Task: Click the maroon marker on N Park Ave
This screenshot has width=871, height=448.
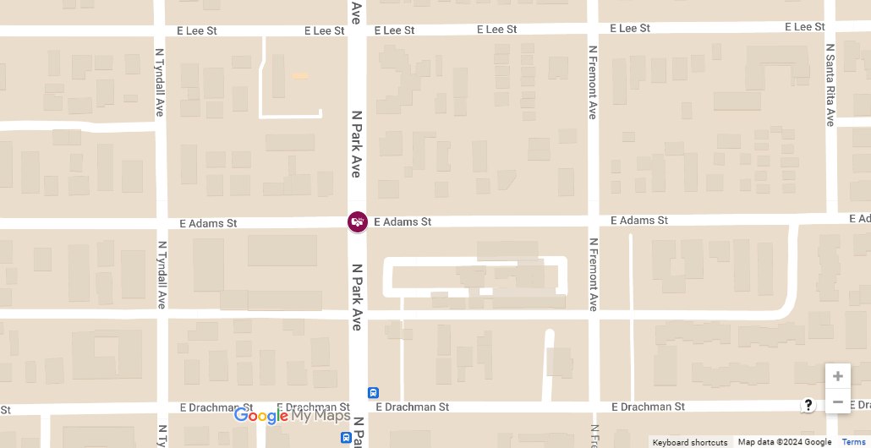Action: coord(358,221)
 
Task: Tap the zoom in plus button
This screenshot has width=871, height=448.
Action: coord(838,376)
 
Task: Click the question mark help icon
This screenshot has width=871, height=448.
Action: coord(808,405)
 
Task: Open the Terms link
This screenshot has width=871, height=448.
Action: coord(853,442)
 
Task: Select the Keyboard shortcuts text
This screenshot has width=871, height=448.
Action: coord(690,442)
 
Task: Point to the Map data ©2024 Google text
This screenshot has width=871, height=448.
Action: coord(784,442)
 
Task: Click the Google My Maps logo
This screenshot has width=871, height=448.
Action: coord(292,415)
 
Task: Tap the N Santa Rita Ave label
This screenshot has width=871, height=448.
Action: coord(830,85)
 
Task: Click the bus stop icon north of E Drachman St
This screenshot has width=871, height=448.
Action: coord(373,393)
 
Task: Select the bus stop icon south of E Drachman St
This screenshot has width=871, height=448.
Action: coord(346,437)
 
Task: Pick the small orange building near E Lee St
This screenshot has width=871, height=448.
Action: coord(300,75)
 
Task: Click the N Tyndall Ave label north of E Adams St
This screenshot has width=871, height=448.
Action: coord(160,82)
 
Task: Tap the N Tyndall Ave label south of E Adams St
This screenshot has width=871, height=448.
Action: coord(161,274)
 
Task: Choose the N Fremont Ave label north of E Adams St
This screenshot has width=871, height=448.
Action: coord(593,83)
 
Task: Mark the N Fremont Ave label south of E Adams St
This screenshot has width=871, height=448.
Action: coord(593,274)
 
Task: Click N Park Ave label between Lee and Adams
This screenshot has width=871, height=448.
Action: coord(356,143)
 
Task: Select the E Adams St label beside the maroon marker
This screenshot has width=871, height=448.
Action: coord(403,221)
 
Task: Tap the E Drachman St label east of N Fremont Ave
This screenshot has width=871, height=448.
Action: coord(648,407)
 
